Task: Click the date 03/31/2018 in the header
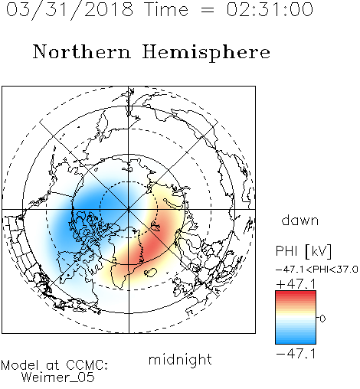[x=70, y=10]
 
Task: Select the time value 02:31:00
[x=270, y=9]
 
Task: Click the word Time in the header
[x=166, y=9]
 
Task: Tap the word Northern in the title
[x=81, y=51]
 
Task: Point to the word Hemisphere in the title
[x=206, y=52]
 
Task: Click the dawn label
[x=300, y=220]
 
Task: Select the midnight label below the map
[x=180, y=359]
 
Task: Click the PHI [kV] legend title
[x=303, y=251]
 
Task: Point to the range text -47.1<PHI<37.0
[x=316, y=270]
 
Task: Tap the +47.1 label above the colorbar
[x=296, y=284]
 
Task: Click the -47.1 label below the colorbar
[x=296, y=354]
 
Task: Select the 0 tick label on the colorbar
[x=322, y=319]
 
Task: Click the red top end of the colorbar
[x=296, y=293]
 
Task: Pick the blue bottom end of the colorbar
[x=296, y=342]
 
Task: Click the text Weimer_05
[x=58, y=378]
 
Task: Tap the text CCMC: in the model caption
[x=87, y=365]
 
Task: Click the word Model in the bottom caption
[x=20, y=365]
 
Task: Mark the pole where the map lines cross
[x=129, y=210]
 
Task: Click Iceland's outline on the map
[x=150, y=273]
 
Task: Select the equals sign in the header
[x=208, y=10]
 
